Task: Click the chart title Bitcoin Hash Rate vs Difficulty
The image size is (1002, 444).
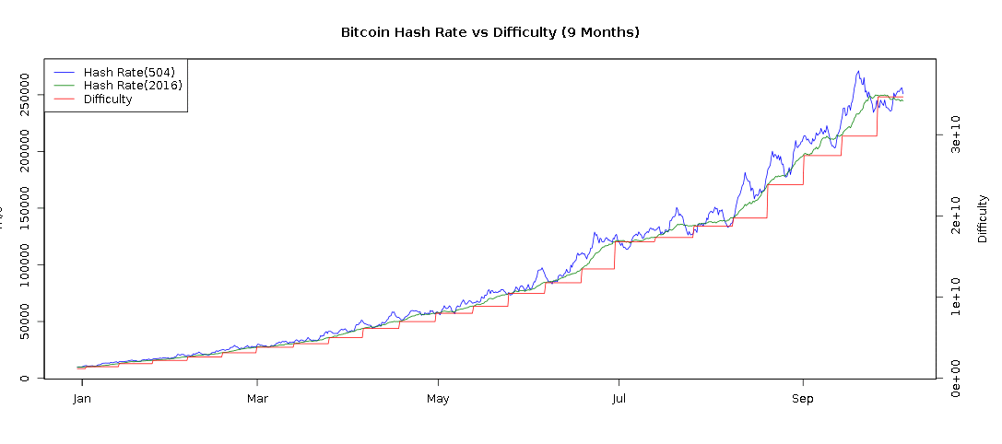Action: (489, 32)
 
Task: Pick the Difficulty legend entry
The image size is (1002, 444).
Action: (108, 99)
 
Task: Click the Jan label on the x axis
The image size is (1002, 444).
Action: (82, 399)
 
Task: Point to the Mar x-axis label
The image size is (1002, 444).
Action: (257, 399)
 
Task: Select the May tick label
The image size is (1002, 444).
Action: (438, 399)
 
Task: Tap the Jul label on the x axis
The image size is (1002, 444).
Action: (619, 399)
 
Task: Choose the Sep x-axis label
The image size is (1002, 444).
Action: (804, 399)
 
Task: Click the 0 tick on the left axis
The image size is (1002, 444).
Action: (27, 378)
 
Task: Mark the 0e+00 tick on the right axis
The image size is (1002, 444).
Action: (957, 379)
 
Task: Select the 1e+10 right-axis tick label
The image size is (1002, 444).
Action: (957, 298)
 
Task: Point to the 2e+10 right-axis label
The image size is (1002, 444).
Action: (957, 216)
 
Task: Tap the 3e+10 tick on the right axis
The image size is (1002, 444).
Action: (957, 134)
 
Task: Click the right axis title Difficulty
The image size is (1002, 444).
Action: (983, 218)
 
